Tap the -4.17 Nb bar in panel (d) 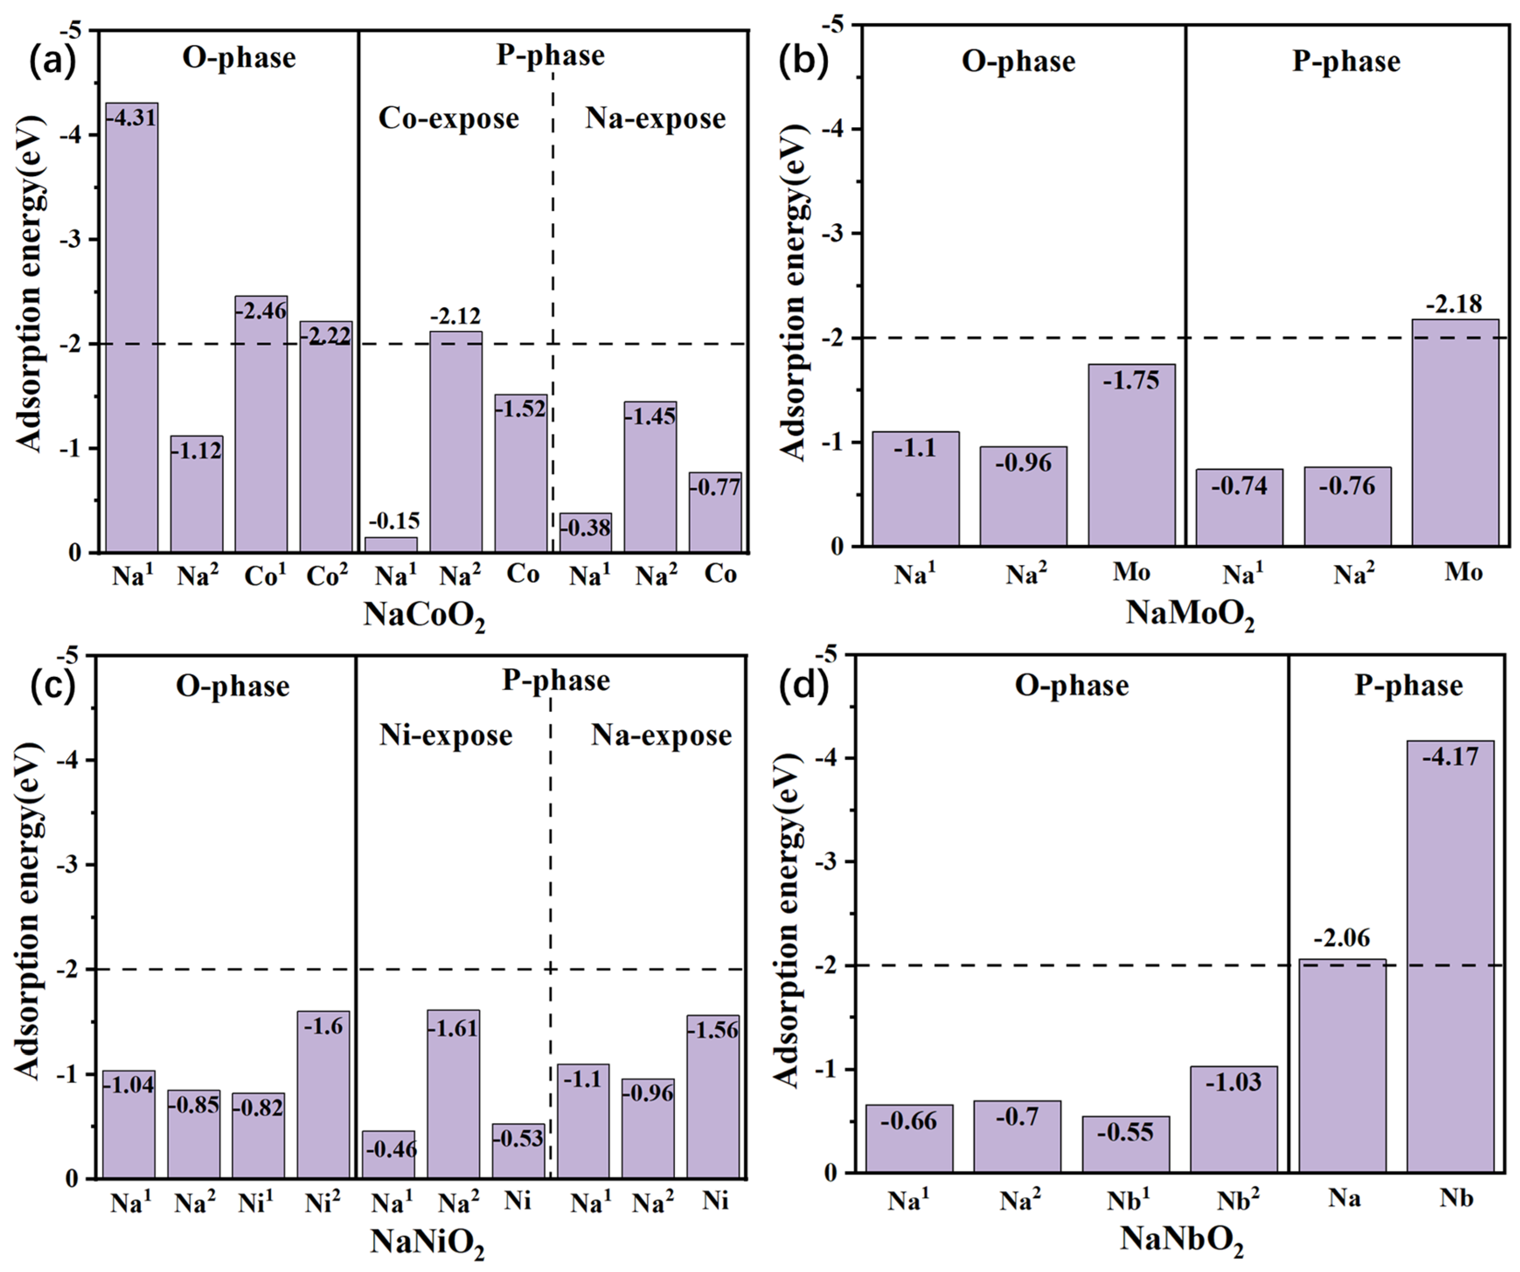[1451, 955]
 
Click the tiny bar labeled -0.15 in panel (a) [391, 544]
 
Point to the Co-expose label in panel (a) [449, 119]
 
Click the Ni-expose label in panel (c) [446, 736]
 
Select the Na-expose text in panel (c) [661, 736]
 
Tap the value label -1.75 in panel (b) [1131, 380]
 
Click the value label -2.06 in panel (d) [1342, 938]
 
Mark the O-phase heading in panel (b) [1018, 62]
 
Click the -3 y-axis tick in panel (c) [69, 865]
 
